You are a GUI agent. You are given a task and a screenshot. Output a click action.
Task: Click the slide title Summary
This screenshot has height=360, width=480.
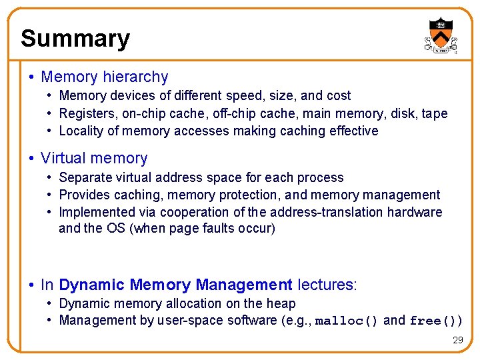[75, 39]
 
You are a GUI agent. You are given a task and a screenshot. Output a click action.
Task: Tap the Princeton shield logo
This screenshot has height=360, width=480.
[441, 35]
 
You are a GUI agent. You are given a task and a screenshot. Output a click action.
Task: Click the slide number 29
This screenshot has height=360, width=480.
[457, 340]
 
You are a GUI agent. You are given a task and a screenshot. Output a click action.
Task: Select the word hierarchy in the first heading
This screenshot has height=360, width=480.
[137, 77]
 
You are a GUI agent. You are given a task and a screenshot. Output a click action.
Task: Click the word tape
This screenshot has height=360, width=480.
[435, 114]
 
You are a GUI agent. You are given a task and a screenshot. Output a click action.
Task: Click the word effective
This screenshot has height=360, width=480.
[353, 131]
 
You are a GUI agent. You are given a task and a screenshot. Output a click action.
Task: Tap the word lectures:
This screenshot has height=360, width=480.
[327, 285]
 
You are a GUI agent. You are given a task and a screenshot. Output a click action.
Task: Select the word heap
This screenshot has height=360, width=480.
[281, 304]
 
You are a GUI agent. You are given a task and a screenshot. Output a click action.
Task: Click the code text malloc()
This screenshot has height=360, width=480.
[346, 321]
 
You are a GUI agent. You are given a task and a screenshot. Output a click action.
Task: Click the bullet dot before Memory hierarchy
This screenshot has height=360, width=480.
[32, 77]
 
